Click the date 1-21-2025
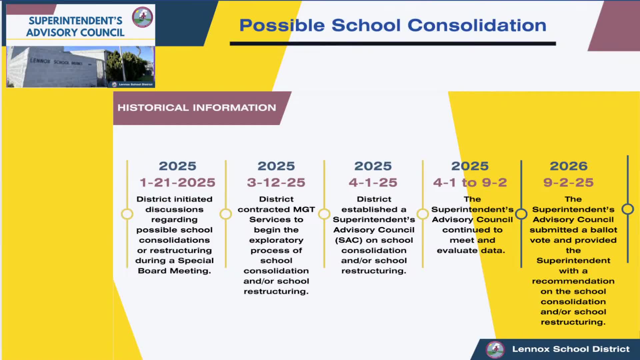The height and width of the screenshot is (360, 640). [x=177, y=182]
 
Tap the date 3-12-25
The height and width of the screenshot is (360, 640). [x=276, y=182]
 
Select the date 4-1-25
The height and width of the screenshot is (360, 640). [x=373, y=182]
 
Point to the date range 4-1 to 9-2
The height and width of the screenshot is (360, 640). [x=470, y=182]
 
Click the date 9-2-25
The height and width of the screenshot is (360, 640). [x=568, y=182]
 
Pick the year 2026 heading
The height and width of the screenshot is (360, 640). [x=568, y=166]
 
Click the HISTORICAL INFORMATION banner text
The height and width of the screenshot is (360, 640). [x=197, y=108]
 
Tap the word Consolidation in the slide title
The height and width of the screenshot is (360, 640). [x=477, y=25]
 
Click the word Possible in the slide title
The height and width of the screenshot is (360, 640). [x=282, y=25]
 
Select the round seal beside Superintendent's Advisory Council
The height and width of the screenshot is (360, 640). [x=143, y=17]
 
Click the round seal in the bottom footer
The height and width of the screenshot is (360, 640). [x=495, y=349]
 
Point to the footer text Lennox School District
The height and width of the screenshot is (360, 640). [x=571, y=349]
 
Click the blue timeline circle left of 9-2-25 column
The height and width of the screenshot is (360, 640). [x=521, y=214]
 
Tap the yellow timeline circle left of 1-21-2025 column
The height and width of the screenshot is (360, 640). [x=127, y=214]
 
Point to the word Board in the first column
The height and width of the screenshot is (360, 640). [x=152, y=271]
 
